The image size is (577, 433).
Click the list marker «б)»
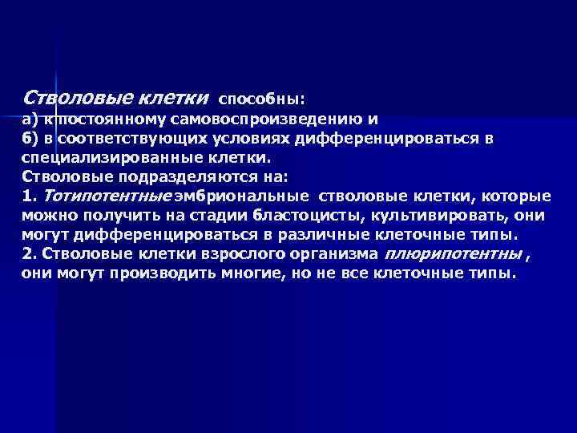[x=30, y=140]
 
